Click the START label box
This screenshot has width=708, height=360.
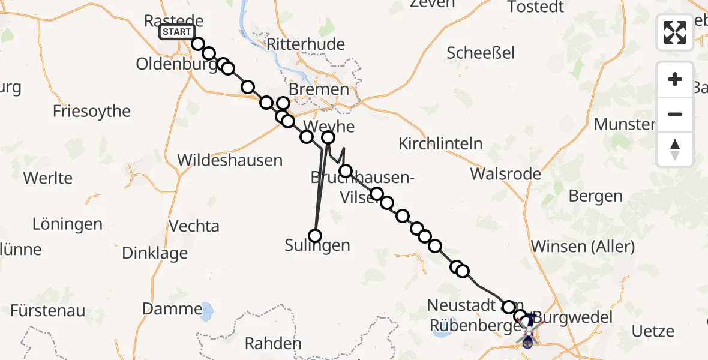tap(177, 32)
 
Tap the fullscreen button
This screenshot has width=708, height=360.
tap(675, 32)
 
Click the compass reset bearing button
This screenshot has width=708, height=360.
tap(675, 149)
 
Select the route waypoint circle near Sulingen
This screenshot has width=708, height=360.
tap(314, 235)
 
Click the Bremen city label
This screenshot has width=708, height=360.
tap(317, 90)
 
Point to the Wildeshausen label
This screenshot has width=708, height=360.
tap(230, 160)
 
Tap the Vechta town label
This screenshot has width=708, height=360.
tap(194, 226)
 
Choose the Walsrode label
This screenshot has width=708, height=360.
tap(506, 174)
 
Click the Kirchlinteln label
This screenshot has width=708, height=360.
tap(440, 143)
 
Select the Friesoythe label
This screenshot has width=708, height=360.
tap(92, 111)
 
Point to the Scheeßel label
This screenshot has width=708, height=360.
tap(481, 53)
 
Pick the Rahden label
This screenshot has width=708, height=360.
tap(273, 344)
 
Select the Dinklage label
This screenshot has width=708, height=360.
tap(155, 253)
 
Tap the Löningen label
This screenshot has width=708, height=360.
tap(67, 224)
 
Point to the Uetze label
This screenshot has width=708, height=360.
tap(653, 331)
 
